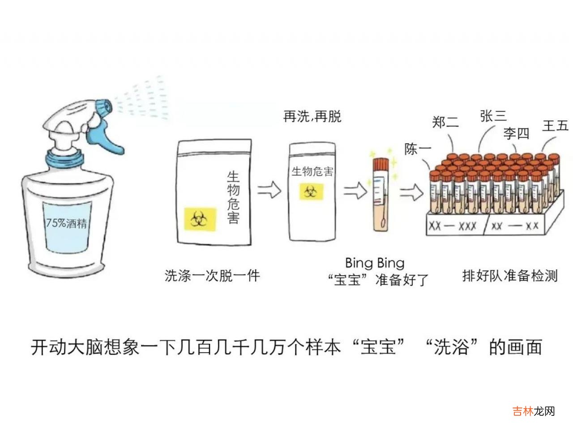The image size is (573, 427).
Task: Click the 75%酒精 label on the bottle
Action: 67,222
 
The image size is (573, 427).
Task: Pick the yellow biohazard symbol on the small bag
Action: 311,192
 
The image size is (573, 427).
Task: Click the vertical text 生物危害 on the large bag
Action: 233,197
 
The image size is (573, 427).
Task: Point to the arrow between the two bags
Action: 269,190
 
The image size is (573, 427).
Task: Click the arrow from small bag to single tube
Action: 355,192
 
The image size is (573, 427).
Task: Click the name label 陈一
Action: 417,149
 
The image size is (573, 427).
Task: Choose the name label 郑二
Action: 445,122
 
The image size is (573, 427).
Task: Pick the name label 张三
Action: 493,116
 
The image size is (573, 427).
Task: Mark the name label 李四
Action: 516,133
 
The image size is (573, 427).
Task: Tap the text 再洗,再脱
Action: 312,116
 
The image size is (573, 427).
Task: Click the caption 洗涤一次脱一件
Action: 212,275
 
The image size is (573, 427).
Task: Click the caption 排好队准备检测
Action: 510,275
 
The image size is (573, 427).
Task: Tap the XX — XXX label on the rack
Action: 453,226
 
